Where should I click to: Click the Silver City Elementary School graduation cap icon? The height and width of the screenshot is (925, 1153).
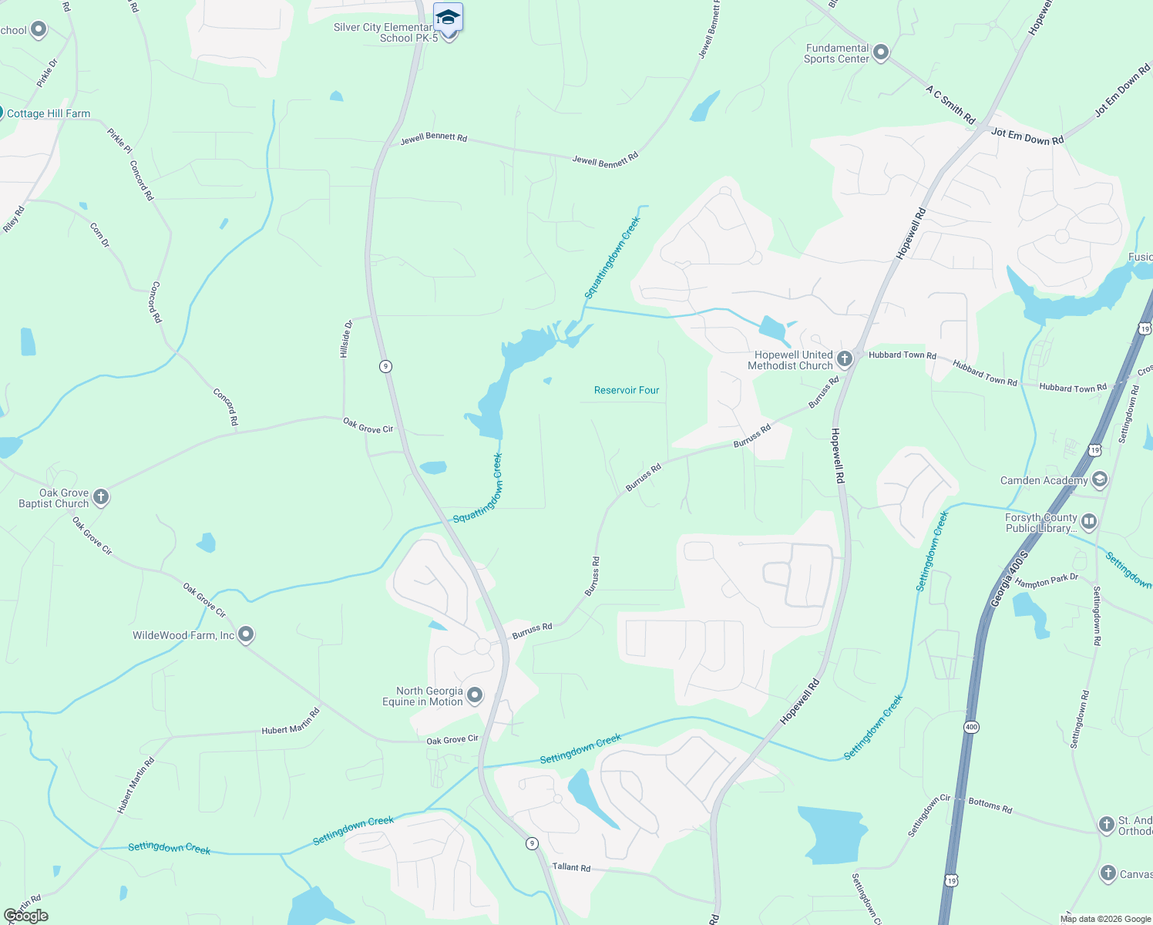[x=448, y=16]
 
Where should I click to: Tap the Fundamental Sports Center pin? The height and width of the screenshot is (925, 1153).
[x=881, y=52]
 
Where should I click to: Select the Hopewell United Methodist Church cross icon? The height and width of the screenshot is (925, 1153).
[x=845, y=358]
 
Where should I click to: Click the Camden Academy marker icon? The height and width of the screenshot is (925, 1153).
[x=1099, y=479]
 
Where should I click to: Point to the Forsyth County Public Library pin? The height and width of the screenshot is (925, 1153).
[x=1089, y=522]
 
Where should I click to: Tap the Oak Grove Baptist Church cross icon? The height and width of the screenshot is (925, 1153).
[x=101, y=497]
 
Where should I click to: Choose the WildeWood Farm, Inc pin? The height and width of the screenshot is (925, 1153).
[x=246, y=634]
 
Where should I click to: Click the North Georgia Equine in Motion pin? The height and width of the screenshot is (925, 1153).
[x=475, y=695]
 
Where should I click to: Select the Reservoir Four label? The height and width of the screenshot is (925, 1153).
[x=627, y=390]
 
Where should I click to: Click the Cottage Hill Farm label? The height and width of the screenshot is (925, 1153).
[x=49, y=113]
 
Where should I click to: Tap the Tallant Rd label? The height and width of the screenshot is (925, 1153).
[x=571, y=867]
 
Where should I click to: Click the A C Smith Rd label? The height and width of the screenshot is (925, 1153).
[x=950, y=105]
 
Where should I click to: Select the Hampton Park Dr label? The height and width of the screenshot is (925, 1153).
[x=1046, y=580]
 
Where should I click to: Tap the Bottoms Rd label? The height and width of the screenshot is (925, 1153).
[x=990, y=805]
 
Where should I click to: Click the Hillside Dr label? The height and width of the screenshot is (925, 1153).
[x=346, y=338]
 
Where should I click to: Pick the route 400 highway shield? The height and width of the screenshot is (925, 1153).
[x=971, y=727]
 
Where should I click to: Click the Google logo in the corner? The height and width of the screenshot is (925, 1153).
[x=26, y=916]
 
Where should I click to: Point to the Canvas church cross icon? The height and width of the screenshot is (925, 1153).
[x=1108, y=873]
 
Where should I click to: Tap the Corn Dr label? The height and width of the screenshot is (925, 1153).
[x=100, y=235]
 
